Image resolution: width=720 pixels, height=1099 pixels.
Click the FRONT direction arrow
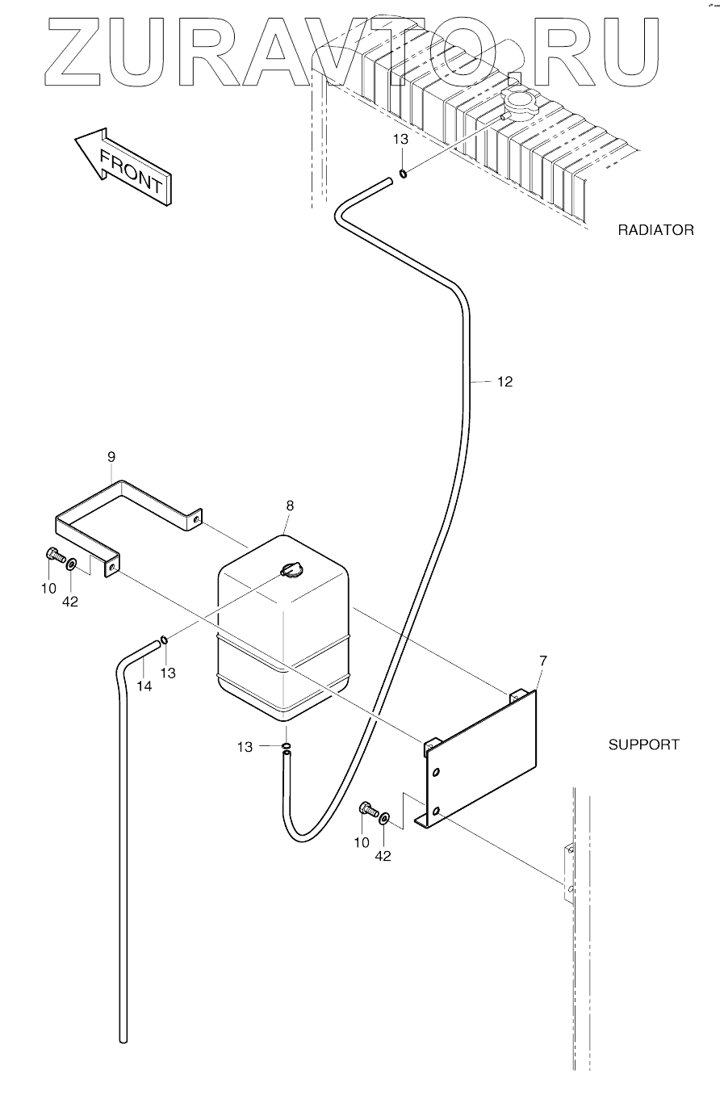click(122, 165)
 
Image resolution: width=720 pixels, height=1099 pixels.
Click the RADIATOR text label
click(655, 230)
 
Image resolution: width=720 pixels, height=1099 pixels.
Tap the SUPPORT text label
click(643, 745)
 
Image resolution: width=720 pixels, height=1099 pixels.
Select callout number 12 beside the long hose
click(504, 383)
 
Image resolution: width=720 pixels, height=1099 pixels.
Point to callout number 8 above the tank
click(290, 505)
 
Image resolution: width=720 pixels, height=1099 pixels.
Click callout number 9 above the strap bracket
click(111, 457)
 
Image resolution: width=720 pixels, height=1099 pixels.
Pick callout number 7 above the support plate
click(542, 661)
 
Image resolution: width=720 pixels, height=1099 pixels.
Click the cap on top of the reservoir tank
click(291, 570)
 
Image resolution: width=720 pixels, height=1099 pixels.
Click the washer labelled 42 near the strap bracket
click(73, 563)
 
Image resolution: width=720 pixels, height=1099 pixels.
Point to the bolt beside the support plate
click(367, 808)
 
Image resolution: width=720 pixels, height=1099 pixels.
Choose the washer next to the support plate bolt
click(383, 818)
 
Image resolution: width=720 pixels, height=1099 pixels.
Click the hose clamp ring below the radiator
click(401, 172)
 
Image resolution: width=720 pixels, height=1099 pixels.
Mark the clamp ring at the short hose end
click(164, 641)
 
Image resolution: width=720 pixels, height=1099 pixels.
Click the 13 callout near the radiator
click(401, 139)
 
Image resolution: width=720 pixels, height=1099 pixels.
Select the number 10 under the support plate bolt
click(361, 842)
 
